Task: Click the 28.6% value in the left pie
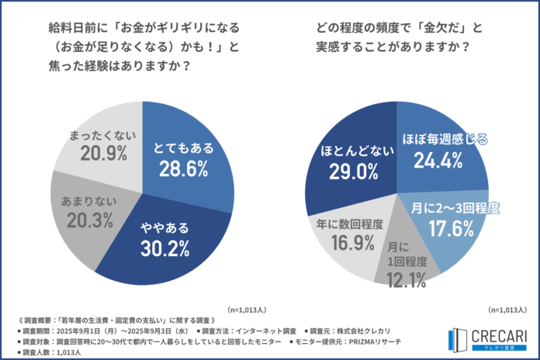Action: [x=182, y=168]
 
